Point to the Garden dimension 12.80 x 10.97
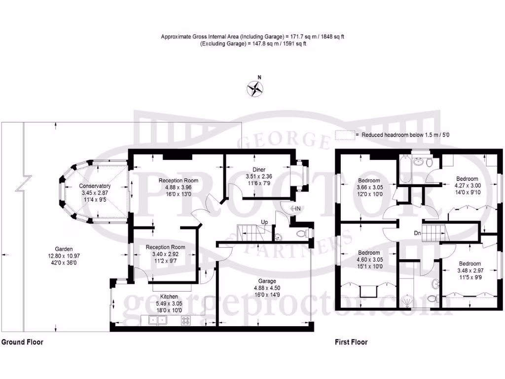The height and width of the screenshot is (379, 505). (x=64, y=256)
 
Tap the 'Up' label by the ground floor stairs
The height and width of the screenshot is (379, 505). (x=265, y=222)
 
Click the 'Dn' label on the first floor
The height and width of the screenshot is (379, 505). (x=417, y=233)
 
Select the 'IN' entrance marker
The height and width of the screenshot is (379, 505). (x=298, y=209)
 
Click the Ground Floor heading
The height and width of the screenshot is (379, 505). (x=22, y=342)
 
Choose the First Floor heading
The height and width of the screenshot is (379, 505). (x=351, y=342)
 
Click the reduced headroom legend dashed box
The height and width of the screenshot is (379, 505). (x=345, y=135)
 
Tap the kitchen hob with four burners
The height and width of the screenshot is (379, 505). (x=186, y=321)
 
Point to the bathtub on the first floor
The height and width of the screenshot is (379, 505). (x=404, y=169)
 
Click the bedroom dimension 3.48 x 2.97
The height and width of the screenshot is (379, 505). (x=469, y=270)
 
